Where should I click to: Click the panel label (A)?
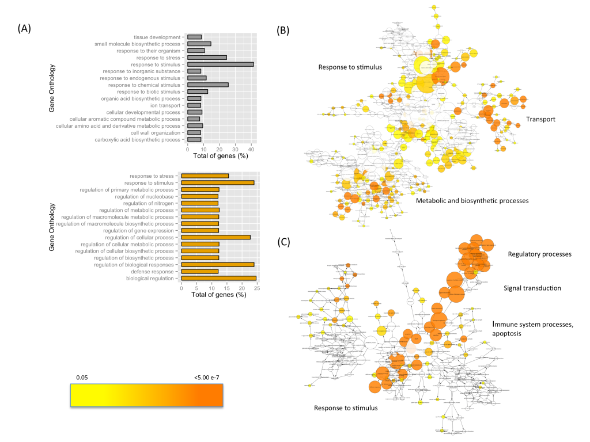tap(25, 28)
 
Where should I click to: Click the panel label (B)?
tap(283, 30)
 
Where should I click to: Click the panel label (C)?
tap(283, 242)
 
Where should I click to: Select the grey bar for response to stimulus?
tap(220, 64)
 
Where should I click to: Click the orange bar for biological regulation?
tap(218, 279)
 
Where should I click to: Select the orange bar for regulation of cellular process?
tap(215, 237)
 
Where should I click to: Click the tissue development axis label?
tap(158, 37)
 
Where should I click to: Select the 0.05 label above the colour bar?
tap(84, 378)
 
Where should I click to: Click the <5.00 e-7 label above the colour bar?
tap(205, 378)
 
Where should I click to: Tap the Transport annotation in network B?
tap(540, 120)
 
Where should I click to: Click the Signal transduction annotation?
tap(532, 288)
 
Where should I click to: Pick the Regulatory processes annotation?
tap(539, 254)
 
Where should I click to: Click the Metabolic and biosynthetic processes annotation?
tap(472, 200)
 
